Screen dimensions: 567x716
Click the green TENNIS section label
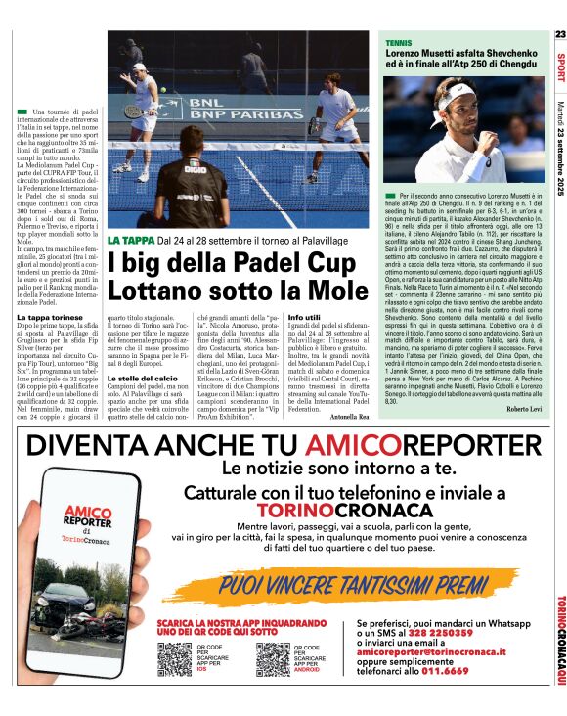[x=399, y=44]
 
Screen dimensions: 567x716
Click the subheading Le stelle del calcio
[x=143, y=377]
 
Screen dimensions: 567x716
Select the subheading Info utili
[x=304, y=319]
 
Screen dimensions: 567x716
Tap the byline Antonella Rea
[x=349, y=417]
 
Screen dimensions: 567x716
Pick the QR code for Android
[x=273, y=661]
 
